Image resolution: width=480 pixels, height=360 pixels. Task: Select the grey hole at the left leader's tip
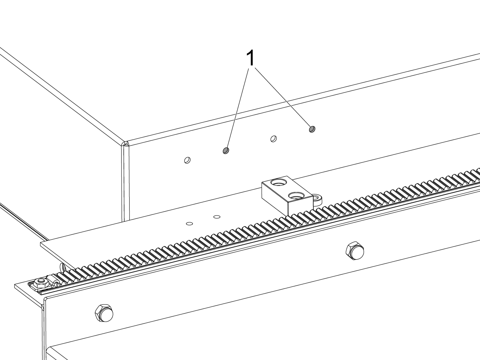226,150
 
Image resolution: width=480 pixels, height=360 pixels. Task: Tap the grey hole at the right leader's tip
312,129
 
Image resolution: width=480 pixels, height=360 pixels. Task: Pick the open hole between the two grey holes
274,139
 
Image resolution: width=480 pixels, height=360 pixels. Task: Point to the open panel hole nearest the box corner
187,160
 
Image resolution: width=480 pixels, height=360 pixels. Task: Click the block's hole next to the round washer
297,196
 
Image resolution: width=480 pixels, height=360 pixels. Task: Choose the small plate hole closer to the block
217,217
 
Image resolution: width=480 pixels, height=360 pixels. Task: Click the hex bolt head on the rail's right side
354,250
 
